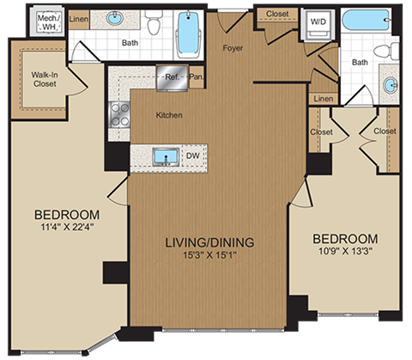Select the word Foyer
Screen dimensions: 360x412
pos(233,49)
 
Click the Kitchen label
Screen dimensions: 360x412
pos(169,115)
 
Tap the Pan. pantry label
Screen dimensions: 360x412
pos(196,76)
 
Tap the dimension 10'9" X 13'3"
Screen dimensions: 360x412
pos(345,253)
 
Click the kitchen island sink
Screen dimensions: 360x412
pos(163,156)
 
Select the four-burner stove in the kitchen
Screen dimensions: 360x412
pos(118,113)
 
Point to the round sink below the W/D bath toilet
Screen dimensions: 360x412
pos(391,86)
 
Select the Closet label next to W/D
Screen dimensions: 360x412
pos(276,14)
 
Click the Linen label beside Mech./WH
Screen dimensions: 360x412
pos(79,17)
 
